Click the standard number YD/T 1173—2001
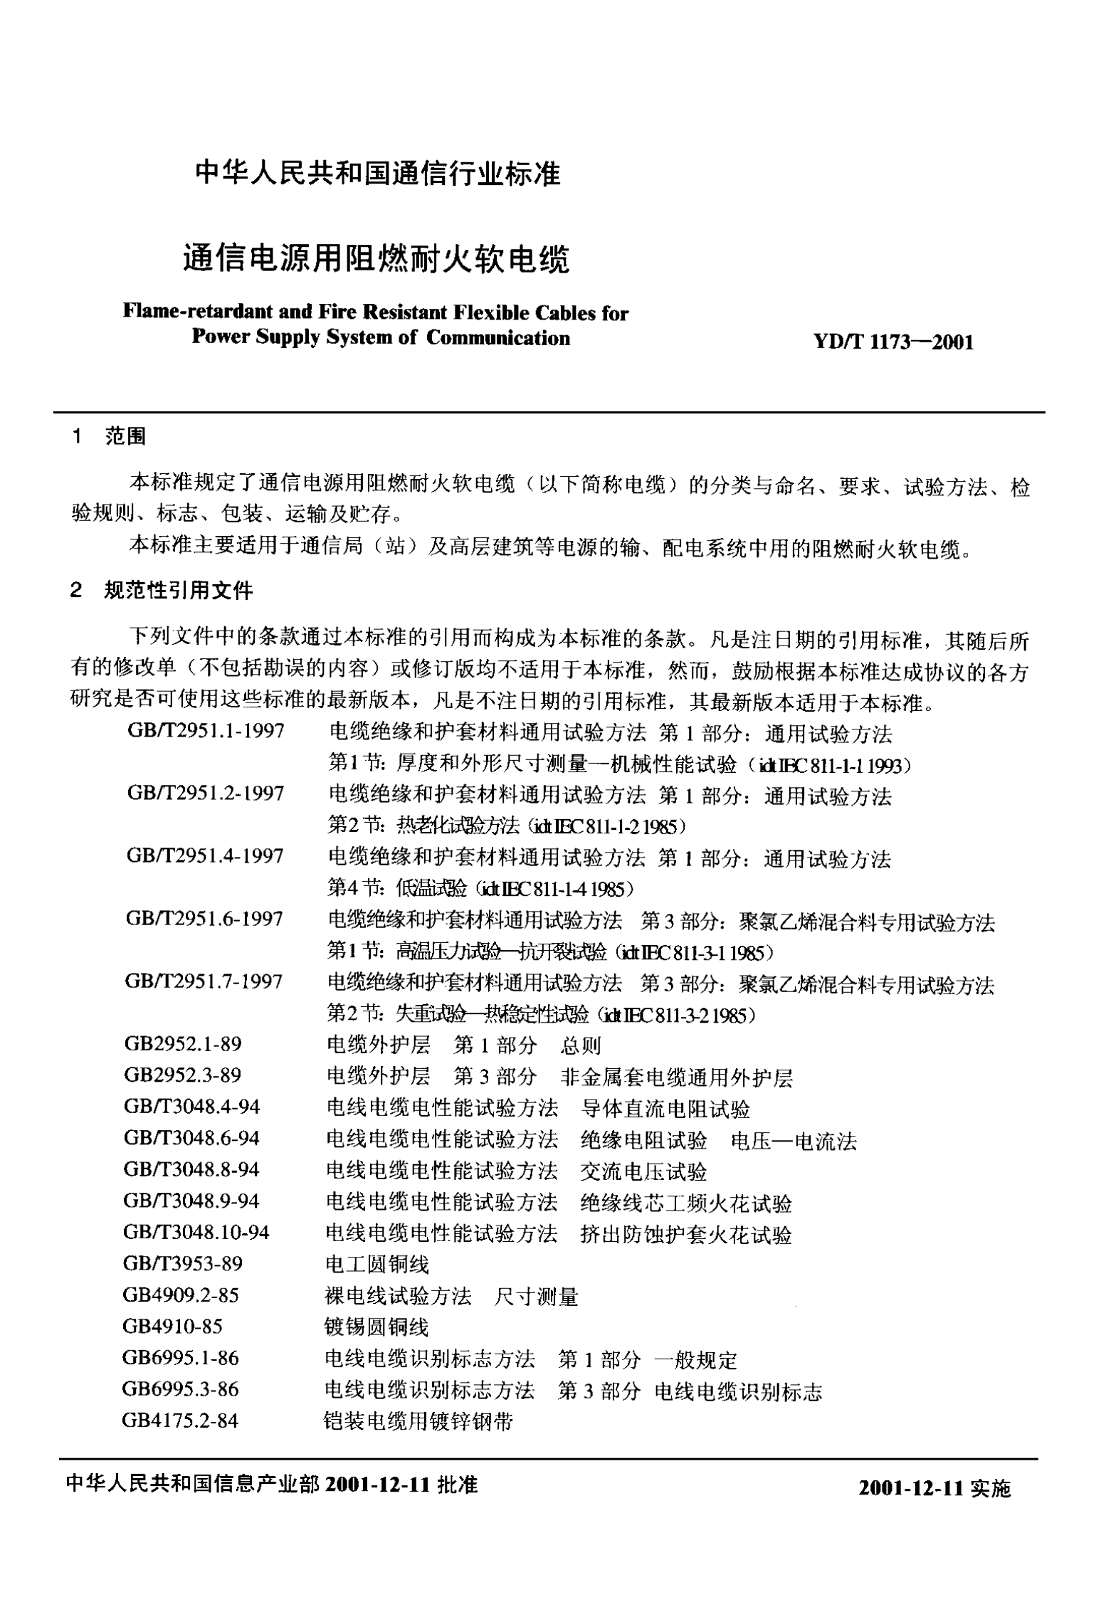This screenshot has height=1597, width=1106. pyautogui.click(x=893, y=342)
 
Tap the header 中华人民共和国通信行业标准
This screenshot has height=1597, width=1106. pyautogui.click(x=378, y=174)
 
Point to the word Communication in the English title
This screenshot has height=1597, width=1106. pyautogui.click(x=498, y=337)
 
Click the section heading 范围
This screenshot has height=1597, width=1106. pyautogui.click(x=125, y=436)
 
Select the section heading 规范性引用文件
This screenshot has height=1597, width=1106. pyautogui.click(x=179, y=590)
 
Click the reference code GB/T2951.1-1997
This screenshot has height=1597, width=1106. pyautogui.click(x=206, y=731)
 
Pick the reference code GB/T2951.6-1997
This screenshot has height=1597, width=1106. pyautogui.click(x=204, y=919)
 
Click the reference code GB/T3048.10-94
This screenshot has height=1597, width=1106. pyautogui.click(x=196, y=1232)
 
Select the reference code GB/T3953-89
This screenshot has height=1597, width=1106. pyautogui.click(x=183, y=1263)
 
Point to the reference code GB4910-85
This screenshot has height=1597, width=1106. pyautogui.click(x=172, y=1326)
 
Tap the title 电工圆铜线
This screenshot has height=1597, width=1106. pyautogui.click(x=377, y=1265)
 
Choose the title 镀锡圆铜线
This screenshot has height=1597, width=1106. pyautogui.click(x=376, y=1327)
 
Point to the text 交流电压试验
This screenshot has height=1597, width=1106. pyautogui.click(x=643, y=1171)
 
